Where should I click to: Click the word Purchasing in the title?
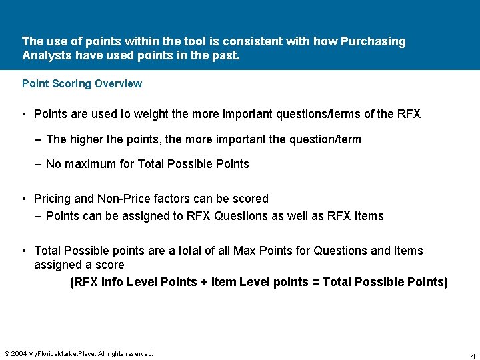(x=373, y=41)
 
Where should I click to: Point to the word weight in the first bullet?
(x=151, y=114)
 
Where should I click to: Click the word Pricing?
(x=52, y=199)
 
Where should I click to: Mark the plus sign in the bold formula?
(x=203, y=282)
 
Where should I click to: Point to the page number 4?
(x=473, y=355)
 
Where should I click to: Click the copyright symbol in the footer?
(x=7, y=353)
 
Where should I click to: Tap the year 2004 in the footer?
(x=19, y=353)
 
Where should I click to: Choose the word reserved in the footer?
(x=136, y=353)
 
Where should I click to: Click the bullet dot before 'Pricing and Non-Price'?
(x=24, y=199)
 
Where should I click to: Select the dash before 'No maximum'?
(x=38, y=164)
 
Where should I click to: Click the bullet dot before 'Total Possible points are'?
(x=24, y=251)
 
